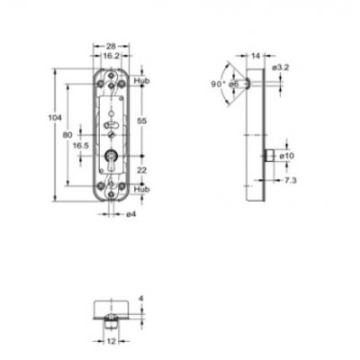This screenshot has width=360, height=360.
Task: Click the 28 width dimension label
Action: pyautogui.click(x=111, y=46)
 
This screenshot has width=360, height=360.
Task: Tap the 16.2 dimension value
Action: pyautogui.click(x=111, y=56)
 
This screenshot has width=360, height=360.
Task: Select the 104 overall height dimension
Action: pyautogui.click(x=55, y=118)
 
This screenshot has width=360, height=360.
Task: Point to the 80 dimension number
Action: pyautogui.click(x=67, y=135)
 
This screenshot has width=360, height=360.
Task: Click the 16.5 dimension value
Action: pyautogui.click(x=81, y=146)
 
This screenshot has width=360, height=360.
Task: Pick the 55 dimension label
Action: pyautogui.click(x=141, y=121)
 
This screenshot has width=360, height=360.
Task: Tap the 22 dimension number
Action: pyautogui.click(x=141, y=170)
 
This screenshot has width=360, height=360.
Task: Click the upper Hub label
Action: pyautogui.click(x=141, y=81)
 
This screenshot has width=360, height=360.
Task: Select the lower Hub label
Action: pyautogui.click(x=141, y=189)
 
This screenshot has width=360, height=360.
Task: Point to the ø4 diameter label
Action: pyautogui.click(x=131, y=214)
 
